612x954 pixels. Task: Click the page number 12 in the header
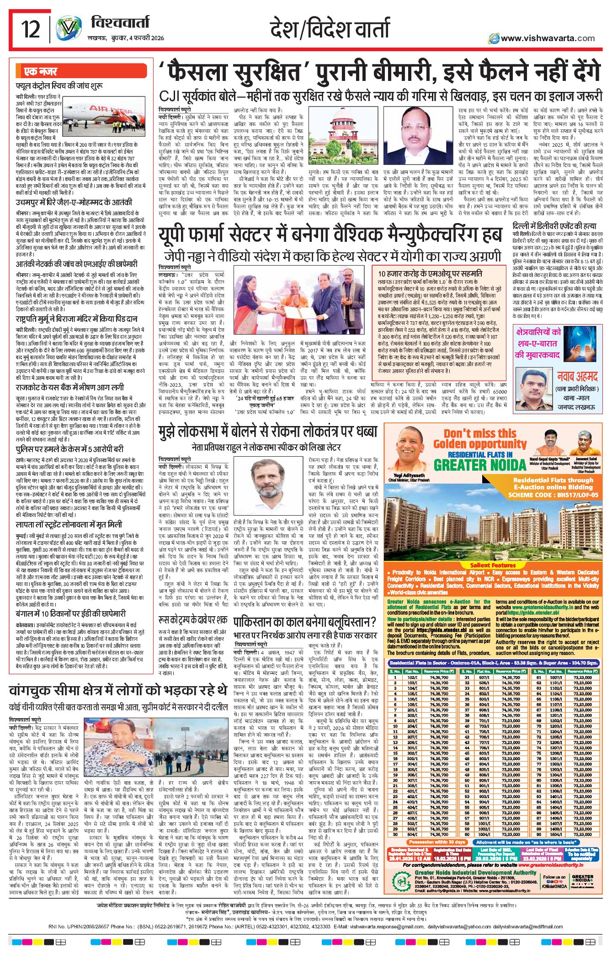pos(31,30)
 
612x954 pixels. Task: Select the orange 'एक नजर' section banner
pos(41,72)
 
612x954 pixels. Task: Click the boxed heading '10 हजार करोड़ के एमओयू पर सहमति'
pos(430,273)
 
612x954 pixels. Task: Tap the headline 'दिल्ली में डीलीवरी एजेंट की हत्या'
pos(554,226)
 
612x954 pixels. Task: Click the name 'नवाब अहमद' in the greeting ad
pos(577,377)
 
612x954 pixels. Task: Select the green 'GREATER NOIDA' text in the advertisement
pos(480,465)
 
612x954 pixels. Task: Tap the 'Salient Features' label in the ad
pos(493,565)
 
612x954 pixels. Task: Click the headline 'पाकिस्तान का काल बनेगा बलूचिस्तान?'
pos(304,622)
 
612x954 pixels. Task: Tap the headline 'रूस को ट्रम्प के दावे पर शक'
pos(192,620)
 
